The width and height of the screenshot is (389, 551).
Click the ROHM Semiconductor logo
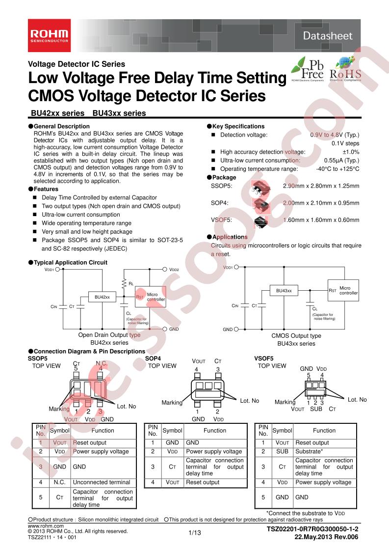(50, 35)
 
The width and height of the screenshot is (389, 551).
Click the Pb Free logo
(306, 69)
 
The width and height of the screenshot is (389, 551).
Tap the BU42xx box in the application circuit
(102, 297)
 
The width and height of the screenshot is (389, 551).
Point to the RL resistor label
(131, 283)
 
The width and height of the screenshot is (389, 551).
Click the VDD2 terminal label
(174, 270)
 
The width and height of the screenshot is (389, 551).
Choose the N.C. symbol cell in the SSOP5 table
(60, 482)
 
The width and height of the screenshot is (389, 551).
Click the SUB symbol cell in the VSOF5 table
(282, 451)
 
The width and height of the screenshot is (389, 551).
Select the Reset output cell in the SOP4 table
(203, 482)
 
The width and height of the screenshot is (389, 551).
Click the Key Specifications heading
(238, 126)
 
